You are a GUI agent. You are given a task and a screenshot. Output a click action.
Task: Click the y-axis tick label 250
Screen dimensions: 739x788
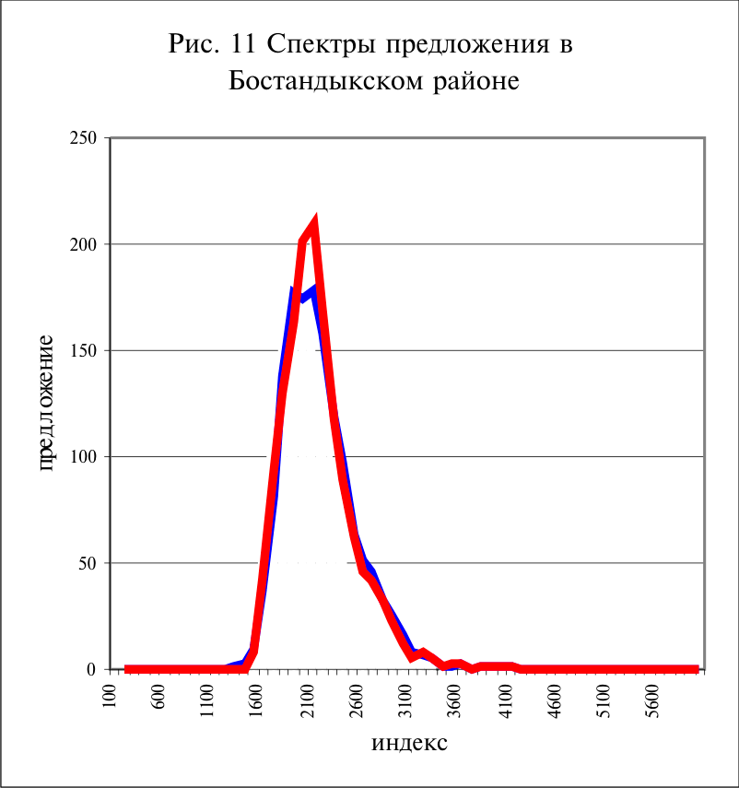click(84, 137)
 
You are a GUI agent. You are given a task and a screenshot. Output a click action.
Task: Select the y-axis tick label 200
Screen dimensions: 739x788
click(84, 244)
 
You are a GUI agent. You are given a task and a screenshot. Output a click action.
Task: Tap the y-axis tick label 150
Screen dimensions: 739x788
click(84, 351)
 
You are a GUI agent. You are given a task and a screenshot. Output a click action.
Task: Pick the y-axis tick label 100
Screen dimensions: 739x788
click(84, 457)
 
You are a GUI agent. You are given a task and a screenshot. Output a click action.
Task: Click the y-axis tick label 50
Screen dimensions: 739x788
click(88, 563)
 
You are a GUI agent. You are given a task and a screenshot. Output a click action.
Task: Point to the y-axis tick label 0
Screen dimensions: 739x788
click(92, 669)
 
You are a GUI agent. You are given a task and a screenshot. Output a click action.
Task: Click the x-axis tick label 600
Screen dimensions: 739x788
click(158, 697)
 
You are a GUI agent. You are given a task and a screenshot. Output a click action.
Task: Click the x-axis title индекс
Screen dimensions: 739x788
click(409, 743)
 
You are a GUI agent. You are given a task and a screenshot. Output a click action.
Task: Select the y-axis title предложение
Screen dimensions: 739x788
click(46, 403)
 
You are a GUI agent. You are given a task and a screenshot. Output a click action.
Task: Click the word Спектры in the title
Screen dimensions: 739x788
click(322, 45)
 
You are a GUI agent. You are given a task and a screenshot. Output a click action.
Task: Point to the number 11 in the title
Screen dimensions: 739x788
click(243, 43)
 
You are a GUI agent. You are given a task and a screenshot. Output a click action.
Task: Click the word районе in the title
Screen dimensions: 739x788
click(476, 82)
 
